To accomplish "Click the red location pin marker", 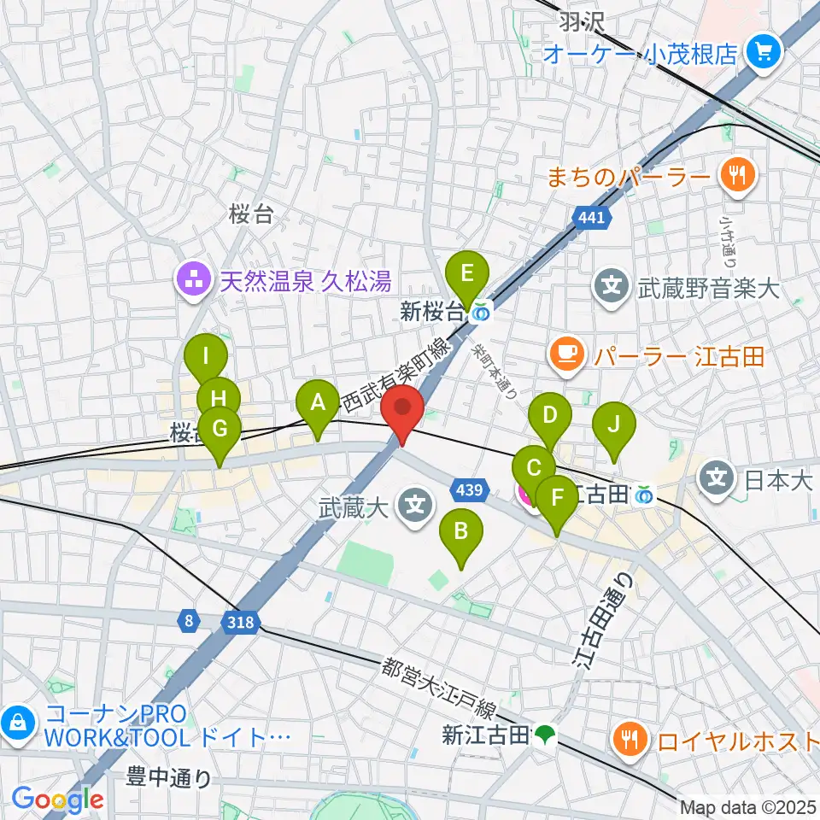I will (403, 413).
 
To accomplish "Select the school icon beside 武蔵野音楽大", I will (612, 285).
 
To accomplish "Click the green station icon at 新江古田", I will (543, 734).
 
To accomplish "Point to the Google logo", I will (57, 799).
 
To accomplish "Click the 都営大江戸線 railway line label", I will (439, 688).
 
